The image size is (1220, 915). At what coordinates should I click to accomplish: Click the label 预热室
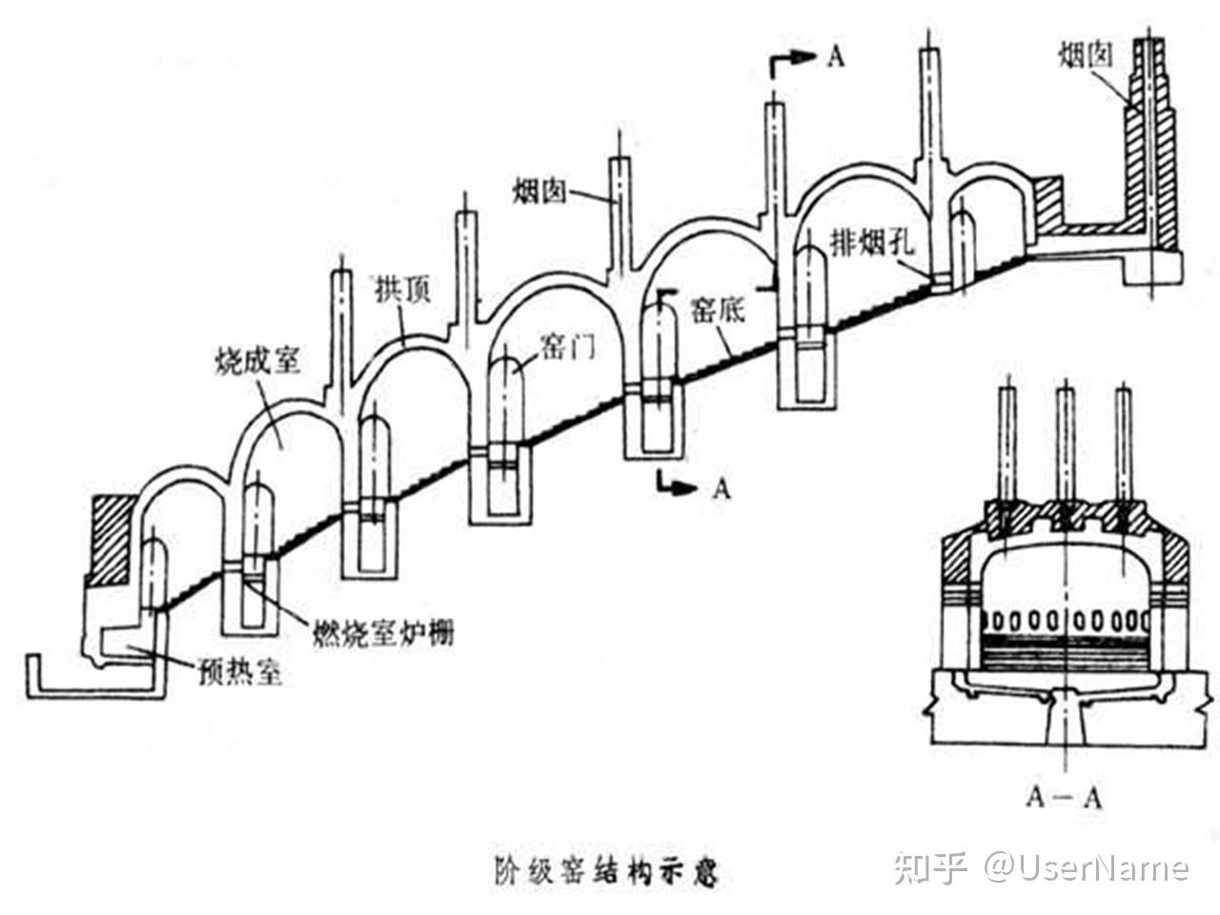tap(239, 673)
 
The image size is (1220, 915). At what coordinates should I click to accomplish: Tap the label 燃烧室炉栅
tap(382, 632)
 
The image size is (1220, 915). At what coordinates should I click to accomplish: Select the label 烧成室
tap(257, 362)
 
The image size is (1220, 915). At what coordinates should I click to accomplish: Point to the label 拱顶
tap(403, 290)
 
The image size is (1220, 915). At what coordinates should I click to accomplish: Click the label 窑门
tap(567, 347)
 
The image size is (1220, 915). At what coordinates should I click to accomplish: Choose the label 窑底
tap(717, 310)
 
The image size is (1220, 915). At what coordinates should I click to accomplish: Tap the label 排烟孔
tap(872, 242)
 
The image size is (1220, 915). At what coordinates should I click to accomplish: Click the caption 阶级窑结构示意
tap(606, 870)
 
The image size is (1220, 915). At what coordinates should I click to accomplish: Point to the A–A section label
tap(1064, 798)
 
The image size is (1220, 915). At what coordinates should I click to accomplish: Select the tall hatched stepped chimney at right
tap(1150, 150)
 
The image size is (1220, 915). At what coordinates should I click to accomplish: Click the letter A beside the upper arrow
tap(835, 58)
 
